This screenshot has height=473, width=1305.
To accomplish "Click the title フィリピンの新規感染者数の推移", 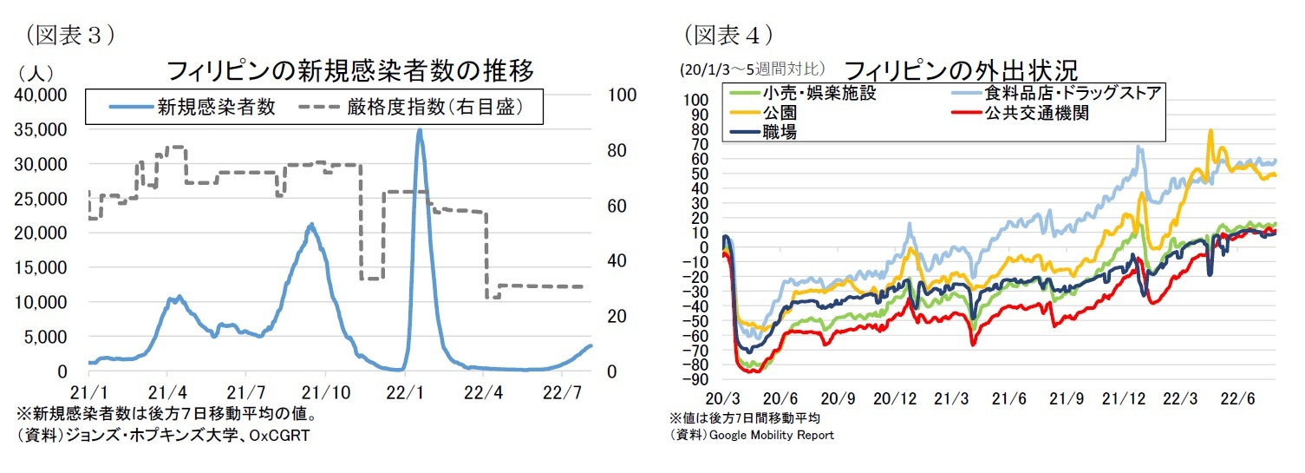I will click(x=349, y=69).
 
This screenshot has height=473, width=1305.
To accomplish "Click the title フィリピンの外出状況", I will click(x=958, y=69).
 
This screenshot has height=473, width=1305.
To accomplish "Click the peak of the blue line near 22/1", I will click(x=420, y=130).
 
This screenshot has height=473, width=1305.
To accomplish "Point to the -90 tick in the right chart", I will click(x=698, y=379).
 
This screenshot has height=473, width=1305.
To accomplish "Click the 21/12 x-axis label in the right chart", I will click(x=1125, y=399).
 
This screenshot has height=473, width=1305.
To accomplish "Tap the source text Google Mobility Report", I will click(x=771, y=435).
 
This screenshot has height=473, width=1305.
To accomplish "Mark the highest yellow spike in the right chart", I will click(x=1210, y=130).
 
